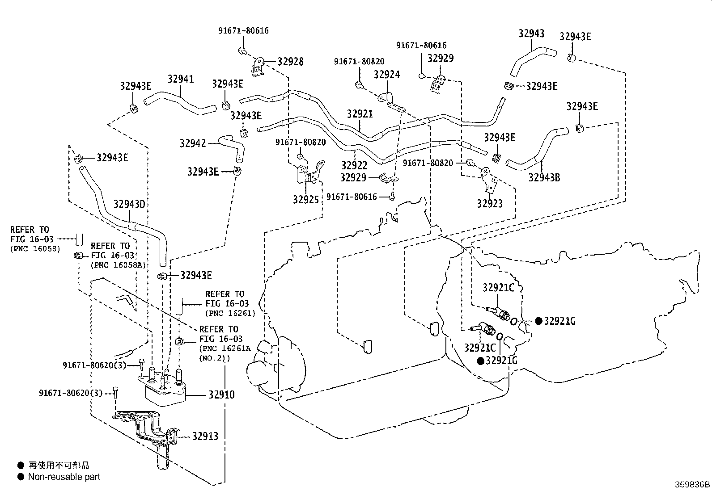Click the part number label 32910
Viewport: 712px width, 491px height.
pos(221,395)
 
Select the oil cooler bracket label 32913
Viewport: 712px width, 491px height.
pos(205,436)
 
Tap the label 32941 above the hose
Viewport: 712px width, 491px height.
pos(181,79)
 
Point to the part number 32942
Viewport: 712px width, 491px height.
pos(193,143)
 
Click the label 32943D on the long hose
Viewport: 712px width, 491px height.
pos(129,204)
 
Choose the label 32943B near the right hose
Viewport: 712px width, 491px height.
pos(544,177)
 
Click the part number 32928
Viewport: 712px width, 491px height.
pos(291,62)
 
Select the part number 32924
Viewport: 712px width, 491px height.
pos(386,75)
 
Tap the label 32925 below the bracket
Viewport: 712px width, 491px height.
pos(305,199)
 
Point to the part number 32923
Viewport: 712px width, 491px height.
pos(489,204)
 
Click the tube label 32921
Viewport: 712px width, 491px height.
pos(360,114)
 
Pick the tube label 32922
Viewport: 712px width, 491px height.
pos(354,165)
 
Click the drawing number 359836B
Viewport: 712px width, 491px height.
pos(692,485)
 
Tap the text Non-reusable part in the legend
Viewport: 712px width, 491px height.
pos(64,477)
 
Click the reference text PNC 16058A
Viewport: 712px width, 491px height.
pos(118,265)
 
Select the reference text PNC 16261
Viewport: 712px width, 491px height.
pos(230,313)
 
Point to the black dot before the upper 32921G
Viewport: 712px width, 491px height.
pos(538,321)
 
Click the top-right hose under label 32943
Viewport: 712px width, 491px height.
pos(534,62)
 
